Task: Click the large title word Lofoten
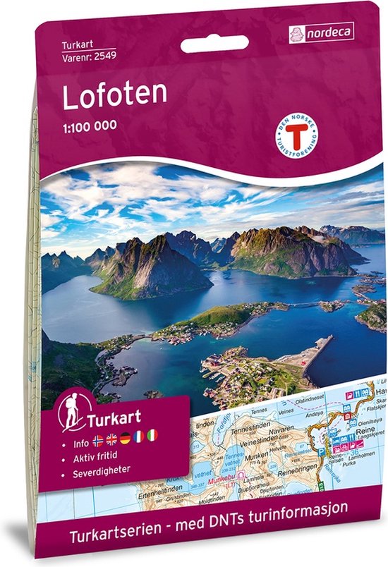pyautogui.click(x=114, y=97)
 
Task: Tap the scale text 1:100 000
pyautogui.click(x=90, y=127)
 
